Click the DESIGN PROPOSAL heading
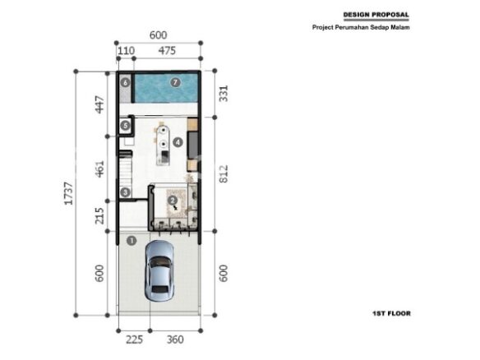(376, 15)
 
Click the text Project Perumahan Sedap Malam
(361, 27)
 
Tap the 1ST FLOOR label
(391, 313)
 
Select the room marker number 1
(132, 241)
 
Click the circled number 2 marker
(173, 201)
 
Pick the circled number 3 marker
(125, 192)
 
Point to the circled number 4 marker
(178, 142)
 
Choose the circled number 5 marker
(125, 125)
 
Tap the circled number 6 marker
(125, 82)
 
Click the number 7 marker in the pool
(175, 82)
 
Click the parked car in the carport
(159, 270)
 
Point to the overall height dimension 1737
(68, 193)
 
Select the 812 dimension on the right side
(224, 174)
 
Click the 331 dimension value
(224, 94)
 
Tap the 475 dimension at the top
(167, 50)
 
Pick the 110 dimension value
(126, 50)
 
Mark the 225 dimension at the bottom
(135, 339)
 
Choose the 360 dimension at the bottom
(175, 339)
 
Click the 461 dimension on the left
(99, 169)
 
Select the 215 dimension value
(99, 216)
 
